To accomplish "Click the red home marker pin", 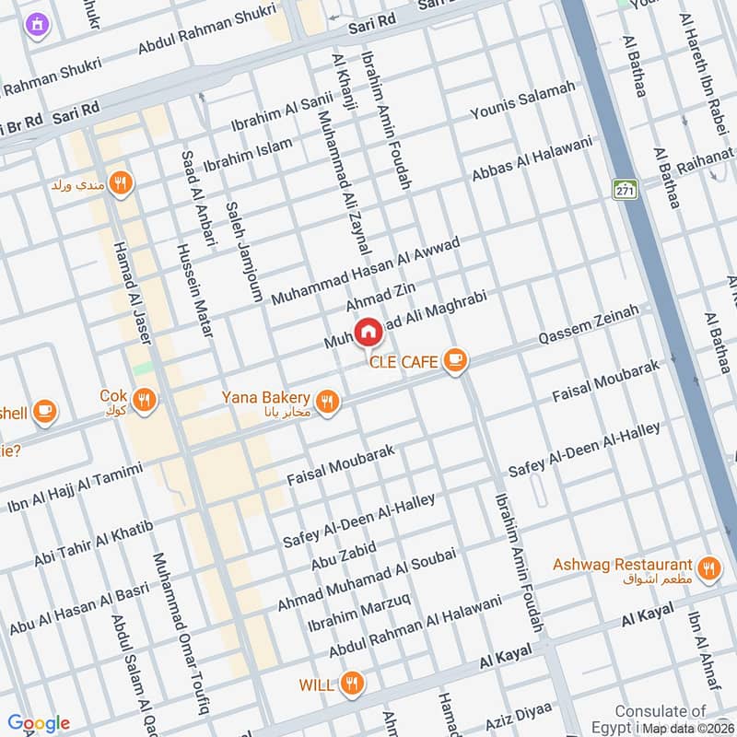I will [368, 332].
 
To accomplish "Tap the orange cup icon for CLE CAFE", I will [453, 361].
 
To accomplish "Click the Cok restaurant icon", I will [144, 400].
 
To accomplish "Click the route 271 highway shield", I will [624, 190].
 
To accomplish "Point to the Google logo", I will [39, 723].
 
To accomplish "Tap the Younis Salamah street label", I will [522, 102].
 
